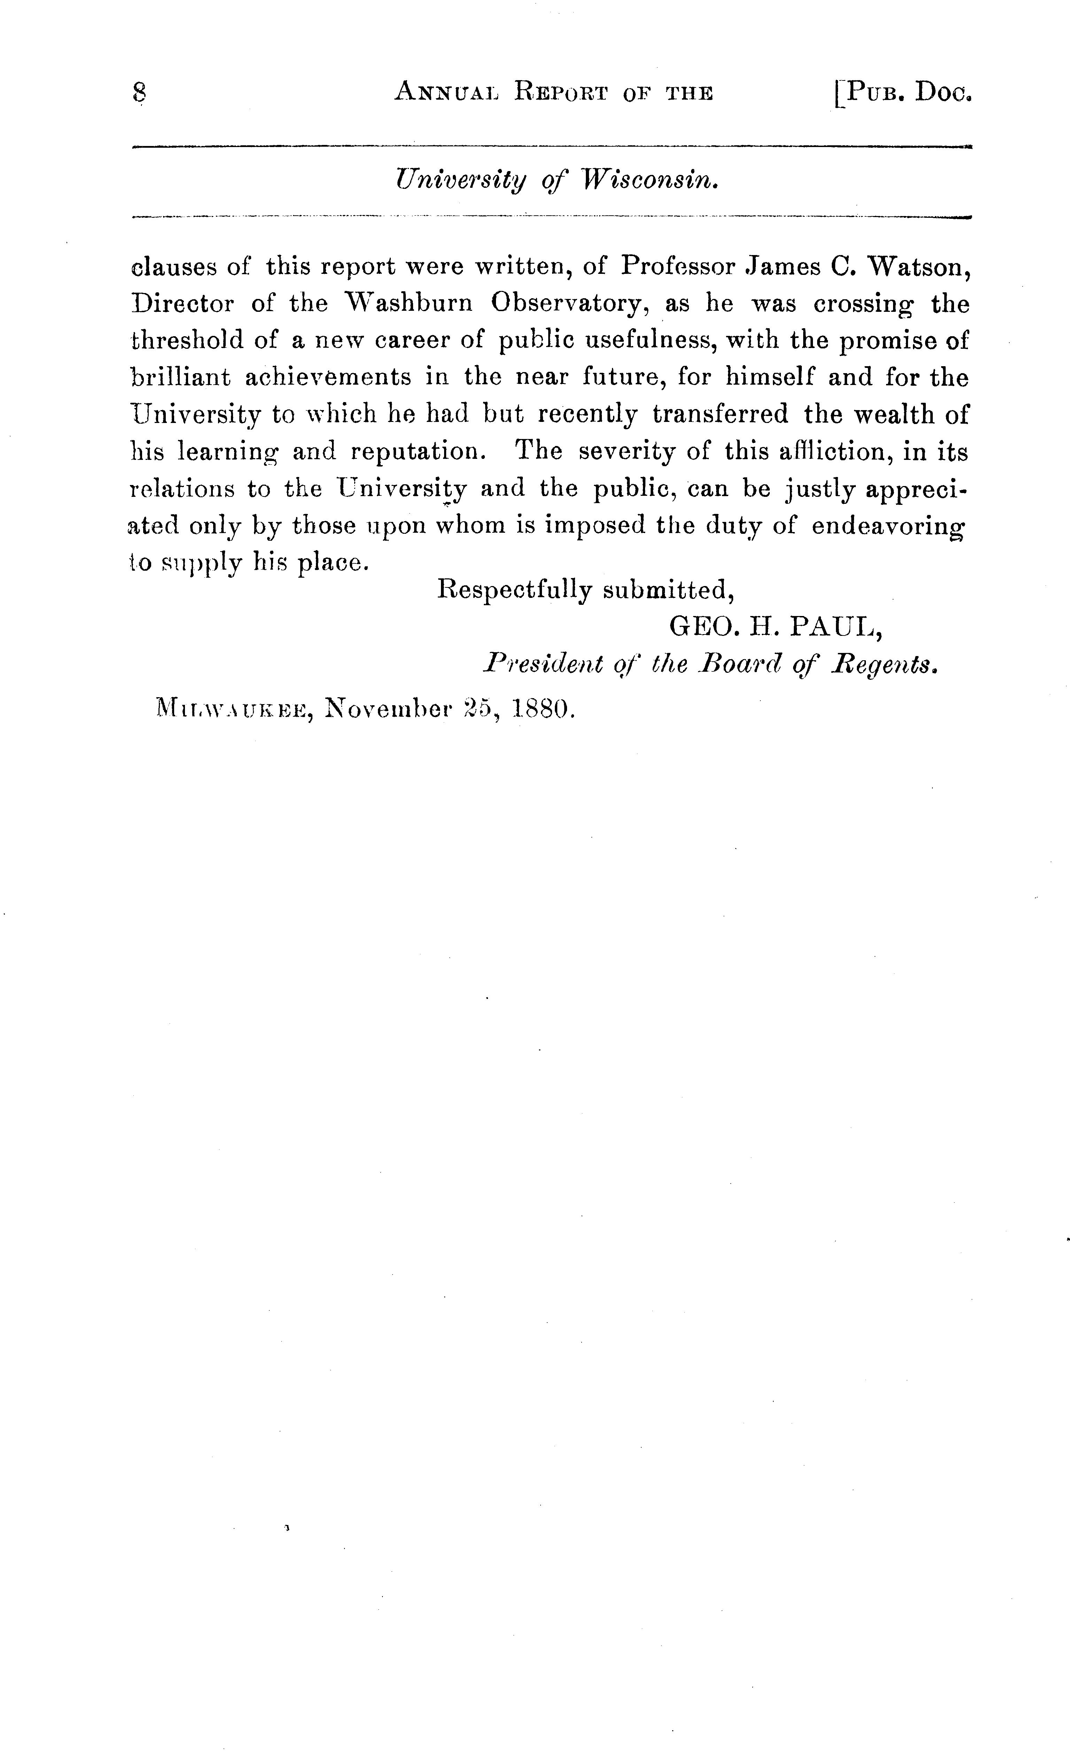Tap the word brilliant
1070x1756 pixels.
click(x=181, y=377)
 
